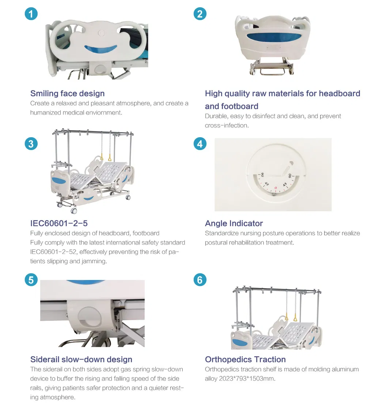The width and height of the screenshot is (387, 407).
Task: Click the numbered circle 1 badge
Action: pos(31,14)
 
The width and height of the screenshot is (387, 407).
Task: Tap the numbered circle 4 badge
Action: pos(200,144)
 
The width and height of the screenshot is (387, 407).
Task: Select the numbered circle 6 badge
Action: pos(200,280)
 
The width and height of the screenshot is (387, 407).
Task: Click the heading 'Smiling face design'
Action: pos(67,93)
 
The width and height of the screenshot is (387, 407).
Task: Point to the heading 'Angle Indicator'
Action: pos(234,223)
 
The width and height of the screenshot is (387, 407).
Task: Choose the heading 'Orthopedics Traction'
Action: pos(245,359)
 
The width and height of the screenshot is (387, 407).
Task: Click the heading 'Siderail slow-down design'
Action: pos(81,359)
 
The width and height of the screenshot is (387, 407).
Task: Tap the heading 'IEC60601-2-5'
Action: pos(59,223)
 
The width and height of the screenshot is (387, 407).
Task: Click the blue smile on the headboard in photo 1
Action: pos(100,49)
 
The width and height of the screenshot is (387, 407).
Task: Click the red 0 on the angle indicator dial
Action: pos(276,188)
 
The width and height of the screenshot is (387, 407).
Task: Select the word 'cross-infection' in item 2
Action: pos(227,125)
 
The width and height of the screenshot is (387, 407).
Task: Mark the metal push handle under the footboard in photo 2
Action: pos(272,71)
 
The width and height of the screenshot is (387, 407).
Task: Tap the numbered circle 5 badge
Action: pos(31,280)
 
